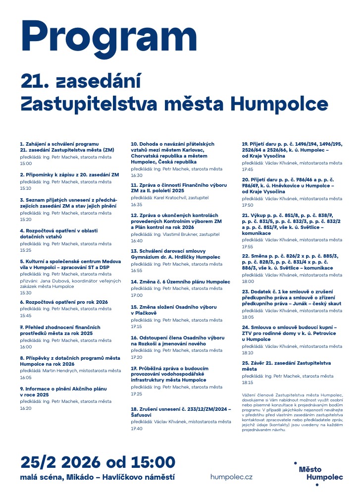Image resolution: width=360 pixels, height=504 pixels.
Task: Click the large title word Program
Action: point(109,35)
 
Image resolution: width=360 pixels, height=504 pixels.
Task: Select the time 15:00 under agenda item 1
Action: point(26,163)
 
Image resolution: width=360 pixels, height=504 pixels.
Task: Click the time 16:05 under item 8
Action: point(26,377)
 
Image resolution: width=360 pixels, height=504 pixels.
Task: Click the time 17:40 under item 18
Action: point(137,428)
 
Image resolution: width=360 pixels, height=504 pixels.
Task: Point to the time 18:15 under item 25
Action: point(248,383)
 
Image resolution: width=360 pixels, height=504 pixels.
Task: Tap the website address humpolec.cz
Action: point(231,477)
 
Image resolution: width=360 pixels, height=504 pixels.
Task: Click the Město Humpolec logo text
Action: point(320,473)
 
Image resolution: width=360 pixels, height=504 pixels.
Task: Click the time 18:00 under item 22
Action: point(248,281)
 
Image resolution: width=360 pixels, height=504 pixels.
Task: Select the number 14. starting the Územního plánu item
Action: point(134,281)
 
